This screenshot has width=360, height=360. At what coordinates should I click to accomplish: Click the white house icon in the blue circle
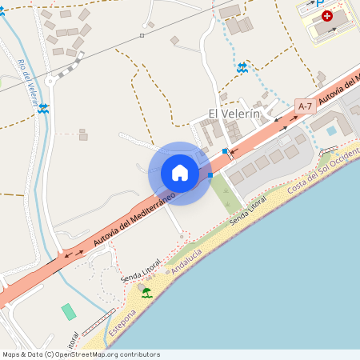click(x=180, y=173)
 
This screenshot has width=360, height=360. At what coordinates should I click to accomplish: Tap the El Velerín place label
click(x=234, y=114)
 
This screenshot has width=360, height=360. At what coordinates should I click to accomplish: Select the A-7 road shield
click(x=304, y=106)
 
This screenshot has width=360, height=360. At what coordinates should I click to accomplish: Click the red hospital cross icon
click(x=326, y=16)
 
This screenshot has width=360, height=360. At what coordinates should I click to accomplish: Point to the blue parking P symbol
click(x=319, y=3)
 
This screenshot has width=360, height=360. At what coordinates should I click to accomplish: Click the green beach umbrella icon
click(x=146, y=294)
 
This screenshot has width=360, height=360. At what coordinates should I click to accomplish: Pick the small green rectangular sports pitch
click(x=69, y=311)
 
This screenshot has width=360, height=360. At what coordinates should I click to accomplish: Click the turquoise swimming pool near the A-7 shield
click(x=331, y=130)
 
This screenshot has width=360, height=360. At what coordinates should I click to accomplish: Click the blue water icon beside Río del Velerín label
click(x=43, y=108)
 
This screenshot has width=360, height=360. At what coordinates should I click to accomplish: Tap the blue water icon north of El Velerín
click(x=242, y=68)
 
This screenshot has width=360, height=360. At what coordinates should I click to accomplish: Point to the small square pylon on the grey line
click(x=142, y=35)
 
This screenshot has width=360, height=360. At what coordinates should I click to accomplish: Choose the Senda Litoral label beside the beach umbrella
click(x=141, y=270)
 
